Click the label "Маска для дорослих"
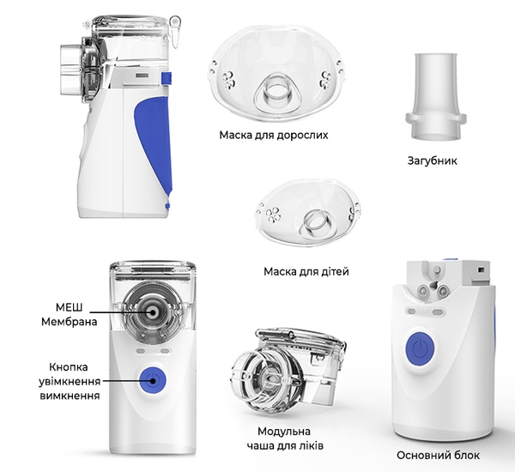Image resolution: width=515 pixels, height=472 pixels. click(x=274, y=136)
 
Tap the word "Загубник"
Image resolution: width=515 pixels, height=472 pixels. click(x=433, y=160)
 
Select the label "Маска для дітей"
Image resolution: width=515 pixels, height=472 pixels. click(x=306, y=272)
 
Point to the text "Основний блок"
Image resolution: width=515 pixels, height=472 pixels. click(x=438, y=455)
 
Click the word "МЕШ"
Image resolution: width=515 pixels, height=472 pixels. click(x=69, y=307)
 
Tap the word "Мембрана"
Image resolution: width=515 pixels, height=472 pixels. click(x=70, y=322)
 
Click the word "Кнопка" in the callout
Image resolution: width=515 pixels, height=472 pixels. click(x=69, y=367)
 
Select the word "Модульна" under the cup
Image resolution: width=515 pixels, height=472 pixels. click(x=284, y=432)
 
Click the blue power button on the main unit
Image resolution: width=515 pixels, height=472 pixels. click(x=420, y=349)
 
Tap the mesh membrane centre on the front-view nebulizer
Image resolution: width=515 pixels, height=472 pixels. click(x=153, y=312)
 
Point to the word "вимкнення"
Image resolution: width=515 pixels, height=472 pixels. click(x=70, y=395)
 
